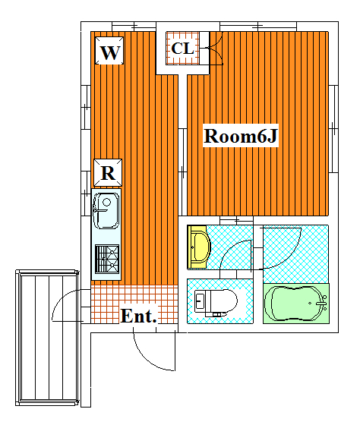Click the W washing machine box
tap(109, 51)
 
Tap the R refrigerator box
tap(108, 172)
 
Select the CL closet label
tap(183, 49)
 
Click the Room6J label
tap(241, 136)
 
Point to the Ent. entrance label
tap(138, 316)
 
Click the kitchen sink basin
tap(106, 210)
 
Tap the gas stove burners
tap(107, 259)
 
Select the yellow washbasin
tap(198, 247)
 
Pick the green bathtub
tap(295, 304)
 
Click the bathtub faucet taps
tap(324, 303)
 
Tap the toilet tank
tap(201, 301)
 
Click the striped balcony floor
tap(48, 338)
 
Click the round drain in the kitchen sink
tap(106, 203)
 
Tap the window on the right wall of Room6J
tap(333, 129)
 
